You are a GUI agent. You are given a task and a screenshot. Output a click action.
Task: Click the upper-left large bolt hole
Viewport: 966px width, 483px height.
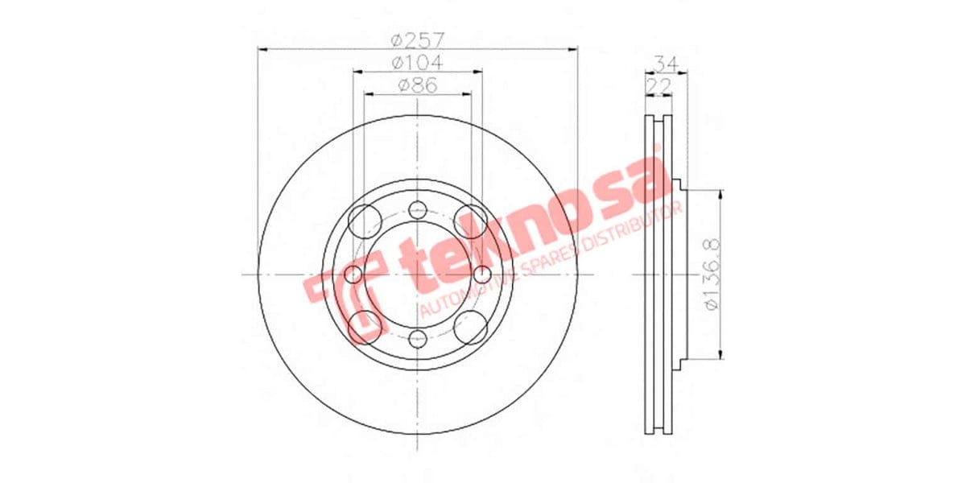pyautogui.click(x=365, y=218)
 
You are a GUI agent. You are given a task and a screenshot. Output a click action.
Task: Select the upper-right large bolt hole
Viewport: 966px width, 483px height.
pyautogui.click(x=469, y=218)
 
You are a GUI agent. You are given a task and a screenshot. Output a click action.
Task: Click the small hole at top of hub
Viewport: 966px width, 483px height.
pyautogui.click(x=417, y=210)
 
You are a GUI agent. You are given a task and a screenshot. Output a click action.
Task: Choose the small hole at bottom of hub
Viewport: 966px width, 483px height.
pyautogui.click(x=417, y=338)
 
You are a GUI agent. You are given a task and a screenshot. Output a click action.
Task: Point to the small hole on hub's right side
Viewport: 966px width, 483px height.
pyautogui.click(x=481, y=275)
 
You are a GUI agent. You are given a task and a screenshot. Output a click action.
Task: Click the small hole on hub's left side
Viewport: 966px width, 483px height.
pyautogui.click(x=353, y=275)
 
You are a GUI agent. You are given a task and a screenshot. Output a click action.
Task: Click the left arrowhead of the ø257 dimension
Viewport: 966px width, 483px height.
pyautogui.click(x=262, y=49)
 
